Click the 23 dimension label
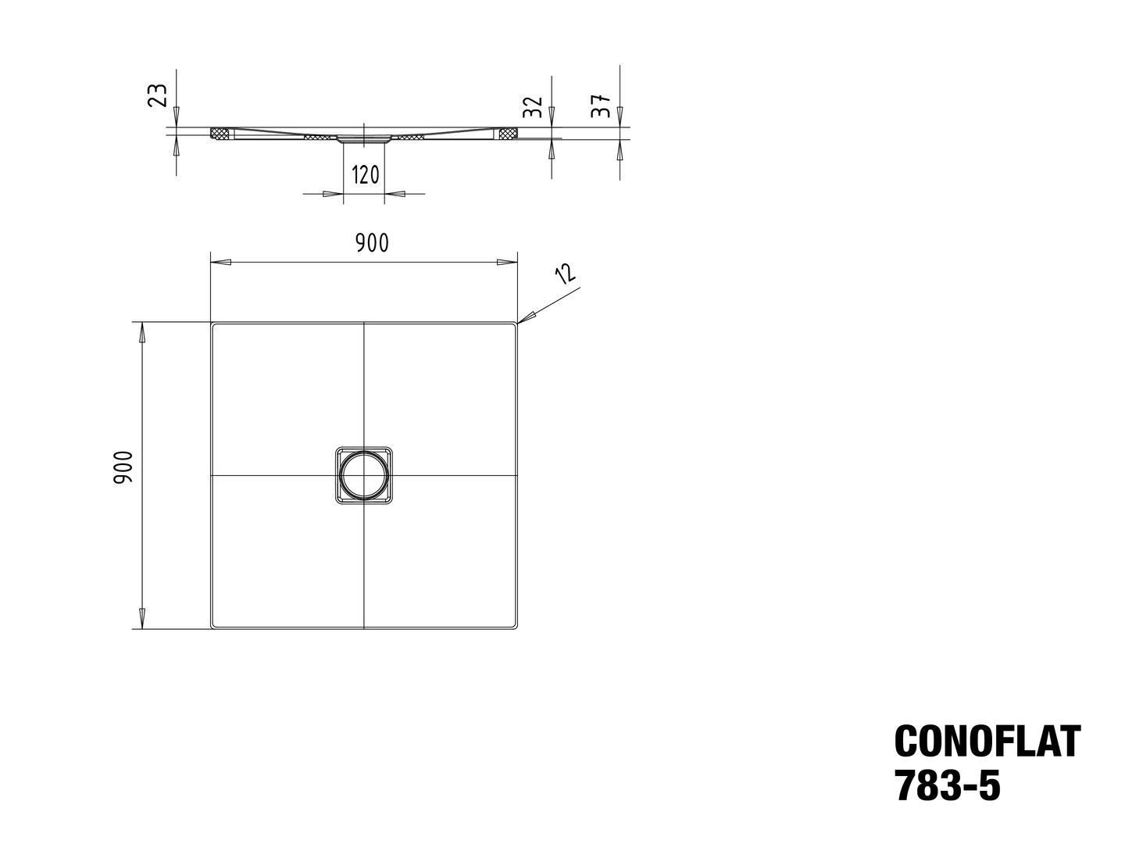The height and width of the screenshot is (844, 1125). coord(157,95)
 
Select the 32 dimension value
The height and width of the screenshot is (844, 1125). coord(534,106)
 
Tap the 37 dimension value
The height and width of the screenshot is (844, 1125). coord(602,106)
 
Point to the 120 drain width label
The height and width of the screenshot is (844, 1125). coord(366,175)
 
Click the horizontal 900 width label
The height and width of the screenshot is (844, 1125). coord(372,243)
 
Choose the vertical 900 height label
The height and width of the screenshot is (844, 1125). coord(123,467)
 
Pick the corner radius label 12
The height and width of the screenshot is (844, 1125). coord(566,274)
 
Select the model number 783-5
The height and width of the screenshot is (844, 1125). coord(948,785)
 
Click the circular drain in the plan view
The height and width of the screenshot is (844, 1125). coord(364,475)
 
